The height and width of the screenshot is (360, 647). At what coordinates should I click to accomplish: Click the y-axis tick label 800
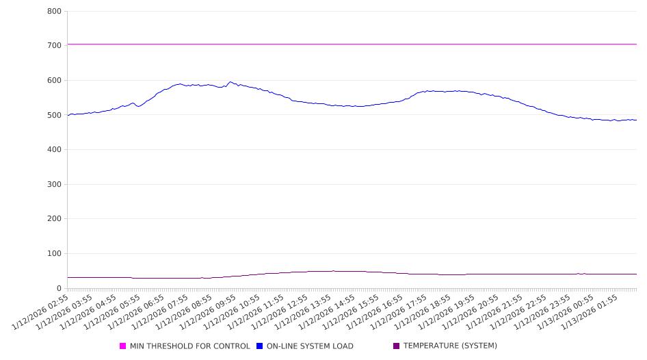tap(54, 12)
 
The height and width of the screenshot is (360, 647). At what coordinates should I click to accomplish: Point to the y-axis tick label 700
tap(54, 46)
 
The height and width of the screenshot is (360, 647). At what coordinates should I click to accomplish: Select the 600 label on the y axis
tap(54, 81)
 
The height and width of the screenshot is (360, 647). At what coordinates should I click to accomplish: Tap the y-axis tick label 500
tap(54, 116)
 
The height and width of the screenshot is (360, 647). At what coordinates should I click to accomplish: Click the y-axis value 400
tap(54, 150)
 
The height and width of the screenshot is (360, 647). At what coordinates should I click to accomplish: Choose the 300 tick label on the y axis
tap(54, 185)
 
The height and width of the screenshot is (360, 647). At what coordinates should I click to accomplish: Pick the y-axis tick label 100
tap(54, 254)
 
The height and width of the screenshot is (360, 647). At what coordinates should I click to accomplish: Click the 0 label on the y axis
tap(60, 289)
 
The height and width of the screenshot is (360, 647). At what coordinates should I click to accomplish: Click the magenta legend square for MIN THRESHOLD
tap(123, 346)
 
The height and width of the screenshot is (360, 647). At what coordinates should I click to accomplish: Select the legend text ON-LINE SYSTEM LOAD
tap(310, 346)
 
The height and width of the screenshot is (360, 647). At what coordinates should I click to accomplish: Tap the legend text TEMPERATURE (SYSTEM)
tap(450, 346)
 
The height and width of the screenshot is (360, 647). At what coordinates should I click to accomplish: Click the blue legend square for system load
tap(260, 346)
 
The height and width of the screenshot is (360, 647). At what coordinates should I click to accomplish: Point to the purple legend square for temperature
tap(397, 346)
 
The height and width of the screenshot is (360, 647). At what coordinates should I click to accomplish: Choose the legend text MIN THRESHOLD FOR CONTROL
tap(190, 346)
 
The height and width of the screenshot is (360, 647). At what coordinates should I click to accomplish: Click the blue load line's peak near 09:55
tap(230, 82)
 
